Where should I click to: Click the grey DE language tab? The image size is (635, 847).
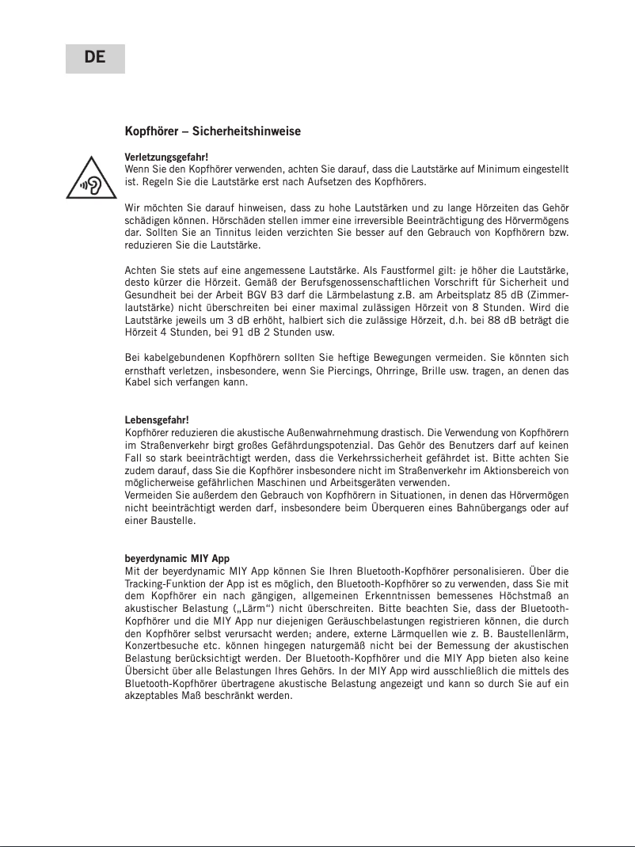click(x=95, y=58)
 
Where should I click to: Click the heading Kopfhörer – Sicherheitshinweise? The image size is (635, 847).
click(x=213, y=131)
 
